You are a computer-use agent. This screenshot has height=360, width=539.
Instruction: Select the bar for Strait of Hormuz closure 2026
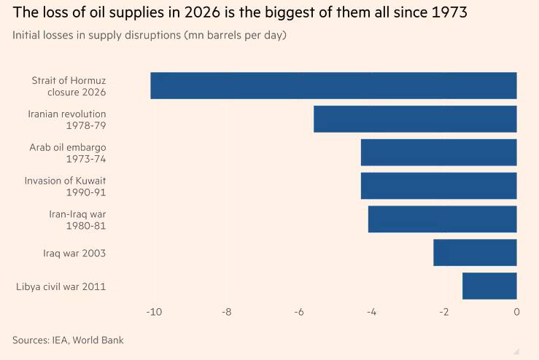click(333, 86)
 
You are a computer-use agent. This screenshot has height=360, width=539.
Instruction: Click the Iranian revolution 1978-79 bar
click(415, 120)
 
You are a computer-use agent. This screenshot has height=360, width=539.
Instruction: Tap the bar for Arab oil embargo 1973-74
click(438, 152)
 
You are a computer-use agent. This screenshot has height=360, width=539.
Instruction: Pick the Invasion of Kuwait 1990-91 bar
click(438, 186)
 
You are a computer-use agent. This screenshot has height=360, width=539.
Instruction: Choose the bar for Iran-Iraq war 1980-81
click(442, 219)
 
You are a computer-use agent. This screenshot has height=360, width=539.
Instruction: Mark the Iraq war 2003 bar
click(475, 253)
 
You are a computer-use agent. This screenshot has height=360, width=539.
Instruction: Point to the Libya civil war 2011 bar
click(489, 286)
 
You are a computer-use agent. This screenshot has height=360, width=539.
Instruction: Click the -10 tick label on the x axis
click(154, 313)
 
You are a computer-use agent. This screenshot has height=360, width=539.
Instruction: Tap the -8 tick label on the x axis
click(227, 313)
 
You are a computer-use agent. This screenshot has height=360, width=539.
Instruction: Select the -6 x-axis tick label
click(299, 313)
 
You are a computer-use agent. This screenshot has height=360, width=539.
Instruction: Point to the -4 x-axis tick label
click(371, 313)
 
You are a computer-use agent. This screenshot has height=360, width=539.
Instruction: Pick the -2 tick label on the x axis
click(443, 313)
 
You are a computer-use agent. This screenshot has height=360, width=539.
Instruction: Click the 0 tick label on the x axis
click(516, 313)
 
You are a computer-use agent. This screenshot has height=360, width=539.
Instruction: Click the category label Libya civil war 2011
click(61, 286)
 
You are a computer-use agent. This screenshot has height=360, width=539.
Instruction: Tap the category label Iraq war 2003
click(74, 253)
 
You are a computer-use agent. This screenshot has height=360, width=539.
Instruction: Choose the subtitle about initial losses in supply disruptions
click(149, 36)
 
